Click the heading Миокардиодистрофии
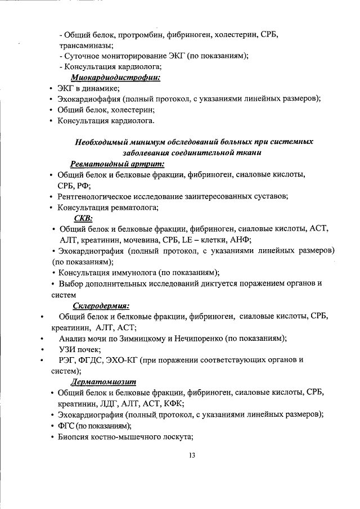coord(115,77)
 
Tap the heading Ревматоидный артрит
coord(118,164)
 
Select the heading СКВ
coord(83,218)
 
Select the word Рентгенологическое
coord(97,196)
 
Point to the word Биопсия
coord(76,436)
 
